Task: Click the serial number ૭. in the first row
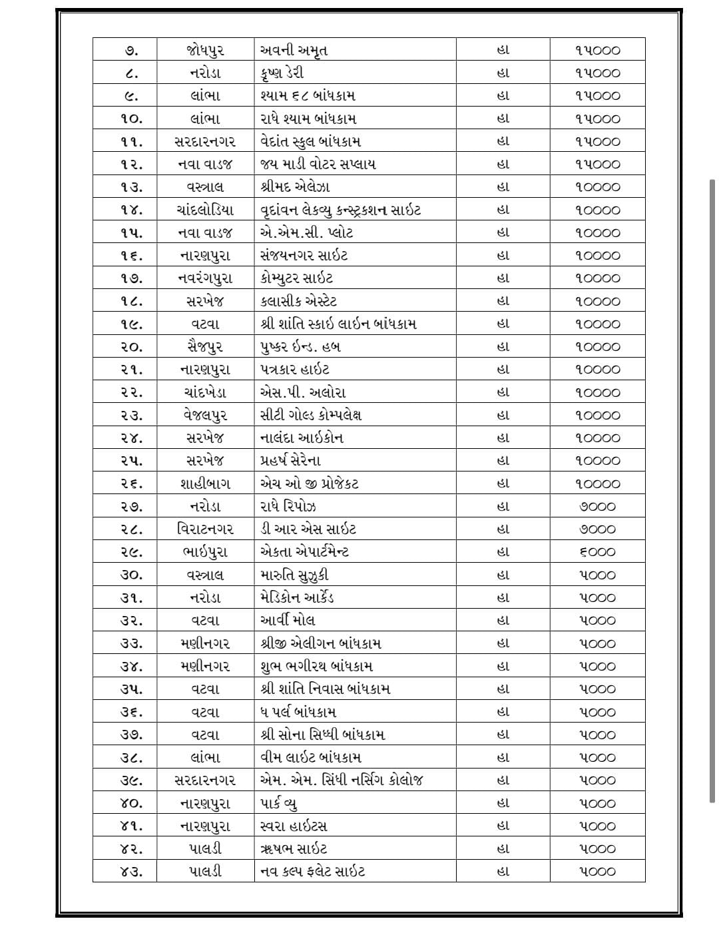131,51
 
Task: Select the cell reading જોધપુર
205,51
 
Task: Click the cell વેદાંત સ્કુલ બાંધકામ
310,142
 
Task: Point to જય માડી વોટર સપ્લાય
318,164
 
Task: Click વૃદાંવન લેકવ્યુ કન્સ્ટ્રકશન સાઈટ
340,210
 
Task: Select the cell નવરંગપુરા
205,278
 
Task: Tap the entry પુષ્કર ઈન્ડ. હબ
300,347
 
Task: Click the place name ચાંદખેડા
205,392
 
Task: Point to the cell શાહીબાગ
205,483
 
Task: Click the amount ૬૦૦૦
597,552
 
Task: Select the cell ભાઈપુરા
205,552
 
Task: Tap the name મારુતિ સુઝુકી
294,575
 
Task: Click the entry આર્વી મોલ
288,621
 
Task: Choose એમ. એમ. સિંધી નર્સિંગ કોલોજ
342,780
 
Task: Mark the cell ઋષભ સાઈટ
294,848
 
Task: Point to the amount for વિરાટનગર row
597,529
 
